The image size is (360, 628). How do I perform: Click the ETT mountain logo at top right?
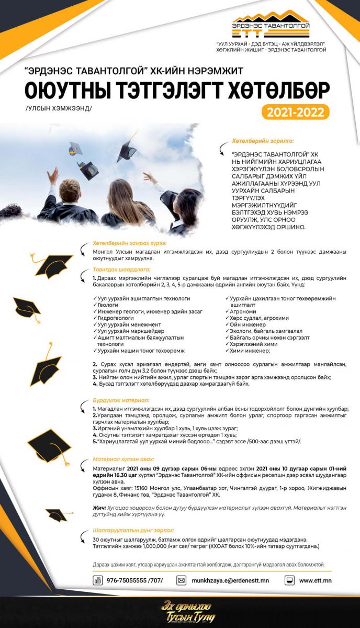click(x=271, y=24)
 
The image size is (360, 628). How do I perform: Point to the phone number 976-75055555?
click(x=134, y=580)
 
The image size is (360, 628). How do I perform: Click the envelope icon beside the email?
click(x=182, y=580)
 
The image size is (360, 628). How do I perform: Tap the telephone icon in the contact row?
click(x=98, y=580)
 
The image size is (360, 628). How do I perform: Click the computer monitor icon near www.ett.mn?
click(x=289, y=580)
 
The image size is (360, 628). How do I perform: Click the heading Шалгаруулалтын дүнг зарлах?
click(x=133, y=530)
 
